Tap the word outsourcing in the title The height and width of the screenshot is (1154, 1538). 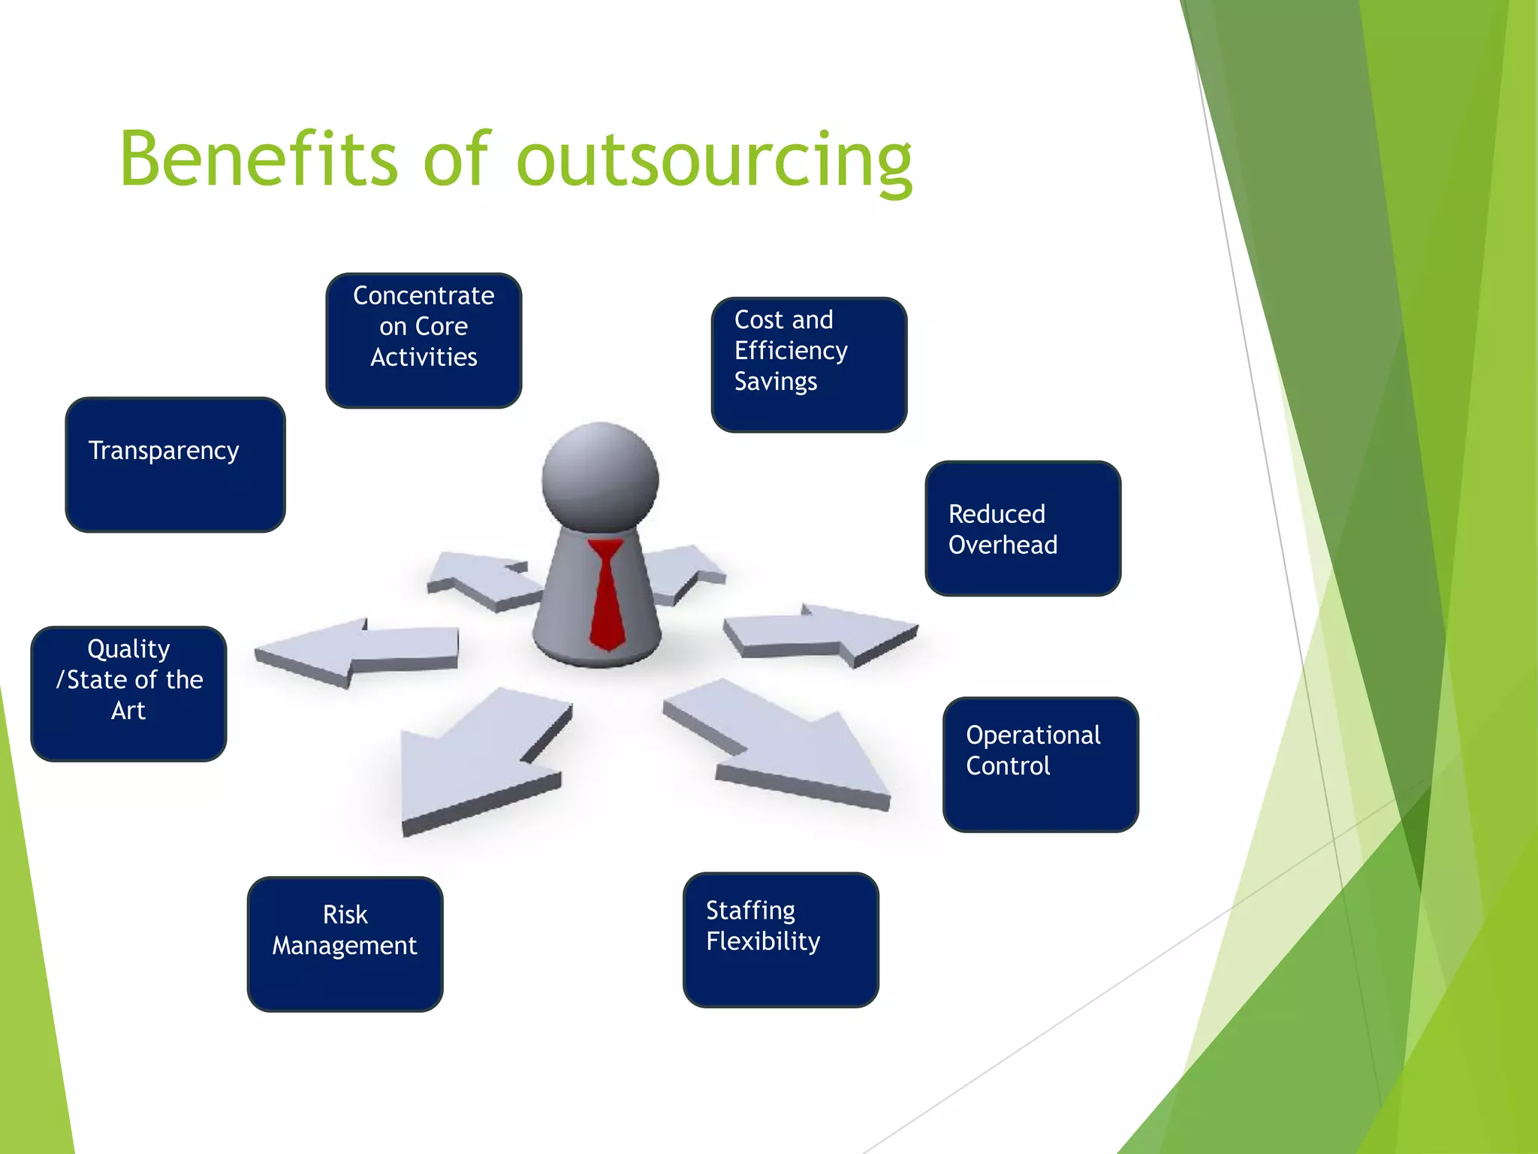(x=714, y=161)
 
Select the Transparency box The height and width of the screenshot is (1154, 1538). (x=175, y=465)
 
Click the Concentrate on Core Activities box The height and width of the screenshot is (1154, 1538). (x=424, y=340)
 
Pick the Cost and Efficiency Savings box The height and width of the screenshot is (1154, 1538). (x=809, y=365)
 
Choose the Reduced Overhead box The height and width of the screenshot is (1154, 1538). (x=1023, y=529)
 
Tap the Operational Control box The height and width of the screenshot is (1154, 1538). (x=1040, y=765)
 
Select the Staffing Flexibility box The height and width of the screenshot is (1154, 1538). (x=780, y=940)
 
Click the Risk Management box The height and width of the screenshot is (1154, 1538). (x=345, y=944)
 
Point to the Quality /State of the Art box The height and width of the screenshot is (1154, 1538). (x=128, y=693)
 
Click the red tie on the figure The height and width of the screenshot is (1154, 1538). (x=606, y=594)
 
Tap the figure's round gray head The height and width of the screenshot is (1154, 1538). (x=600, y=478)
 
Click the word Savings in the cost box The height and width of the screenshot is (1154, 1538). (x=775, y=382)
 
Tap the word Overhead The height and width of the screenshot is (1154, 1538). (x=1003, y=545)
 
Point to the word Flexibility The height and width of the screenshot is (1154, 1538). (x=763, y=941)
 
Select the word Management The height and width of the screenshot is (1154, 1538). (x=345, y=946)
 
